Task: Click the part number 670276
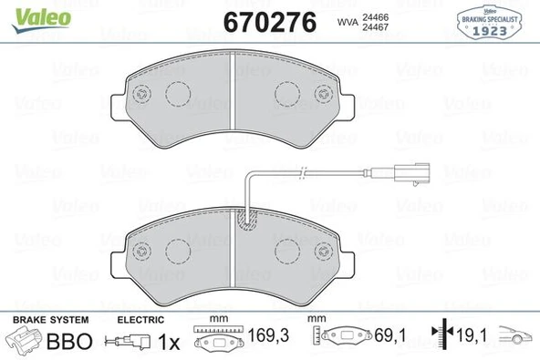click(271, 21)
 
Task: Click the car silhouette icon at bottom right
click(515, 339)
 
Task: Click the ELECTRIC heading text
click(140, 320)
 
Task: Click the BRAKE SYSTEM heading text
click(49, 320)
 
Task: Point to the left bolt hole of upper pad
click(140, 95)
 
